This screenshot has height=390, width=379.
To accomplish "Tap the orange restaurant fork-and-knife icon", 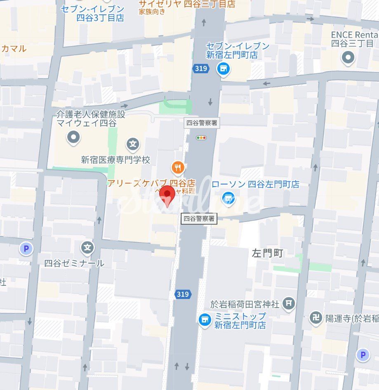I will click(178, 168).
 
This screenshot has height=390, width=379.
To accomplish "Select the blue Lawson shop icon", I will click(228, 199).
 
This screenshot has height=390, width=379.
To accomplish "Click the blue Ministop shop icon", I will click(204, 319).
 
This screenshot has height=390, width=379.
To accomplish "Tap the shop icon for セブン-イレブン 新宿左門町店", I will click(224, 69).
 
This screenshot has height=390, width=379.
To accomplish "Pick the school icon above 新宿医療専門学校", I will click(132, 144).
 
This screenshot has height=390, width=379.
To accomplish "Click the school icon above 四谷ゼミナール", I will click(87, 248).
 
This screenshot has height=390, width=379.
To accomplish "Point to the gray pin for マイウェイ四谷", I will click(74, 137).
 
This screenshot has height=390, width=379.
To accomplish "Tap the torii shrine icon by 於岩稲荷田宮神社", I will click(290, 304).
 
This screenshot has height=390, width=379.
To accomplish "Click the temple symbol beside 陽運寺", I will click(316, 318).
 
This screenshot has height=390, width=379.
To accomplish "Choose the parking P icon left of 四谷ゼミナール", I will click(26, 248).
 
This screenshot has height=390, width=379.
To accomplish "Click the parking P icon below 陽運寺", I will click(363, 355).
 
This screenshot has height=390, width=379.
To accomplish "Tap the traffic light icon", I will click(202, 138).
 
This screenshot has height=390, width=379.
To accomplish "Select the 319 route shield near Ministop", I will click(182, 294).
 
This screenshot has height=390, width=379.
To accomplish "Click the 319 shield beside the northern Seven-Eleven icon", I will click(200, 68).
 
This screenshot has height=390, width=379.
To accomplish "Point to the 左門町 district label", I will click(268, 253).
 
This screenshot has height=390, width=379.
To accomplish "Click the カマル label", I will click(14, 49).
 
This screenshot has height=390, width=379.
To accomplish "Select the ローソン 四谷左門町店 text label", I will click(256, 184).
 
